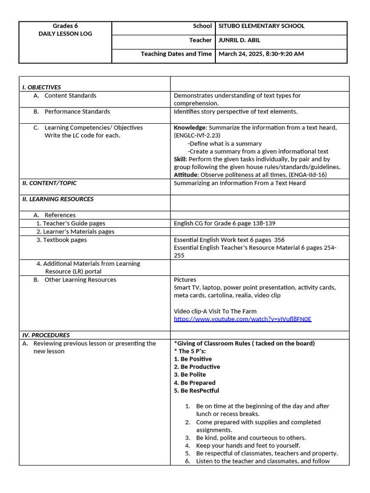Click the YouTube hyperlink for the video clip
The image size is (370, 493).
point(242,319)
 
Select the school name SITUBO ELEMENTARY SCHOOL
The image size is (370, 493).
point(261,26)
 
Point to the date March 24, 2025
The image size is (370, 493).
point(240,54)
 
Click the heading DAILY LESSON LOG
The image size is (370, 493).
point(65,34)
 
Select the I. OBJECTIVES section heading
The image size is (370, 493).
point(41,87)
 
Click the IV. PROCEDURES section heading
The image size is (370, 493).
point(46,335)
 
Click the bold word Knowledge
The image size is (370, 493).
point(189,128)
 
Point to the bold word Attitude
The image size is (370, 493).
point(185,175)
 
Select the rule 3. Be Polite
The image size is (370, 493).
point(190,375)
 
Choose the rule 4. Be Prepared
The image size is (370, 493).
point(195,383)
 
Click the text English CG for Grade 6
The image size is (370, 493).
point(207,223)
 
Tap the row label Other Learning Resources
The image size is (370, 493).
point(80,280)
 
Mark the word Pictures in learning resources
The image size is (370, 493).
point(185,280)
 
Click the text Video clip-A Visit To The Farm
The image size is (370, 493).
point(215,311)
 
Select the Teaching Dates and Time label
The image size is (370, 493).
point(176,54)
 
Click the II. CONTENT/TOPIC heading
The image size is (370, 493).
point(49,183)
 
